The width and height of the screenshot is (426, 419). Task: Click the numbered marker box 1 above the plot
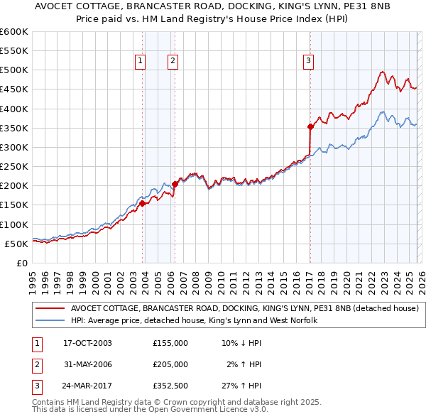point(140,62)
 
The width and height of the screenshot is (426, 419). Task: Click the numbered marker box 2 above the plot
point(173,62)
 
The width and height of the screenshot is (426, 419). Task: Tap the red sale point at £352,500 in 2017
point(310,127)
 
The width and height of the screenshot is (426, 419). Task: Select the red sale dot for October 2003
point(143,203)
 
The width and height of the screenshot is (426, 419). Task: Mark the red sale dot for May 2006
point(175,184)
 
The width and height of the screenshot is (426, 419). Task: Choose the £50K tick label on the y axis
point(17,244)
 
